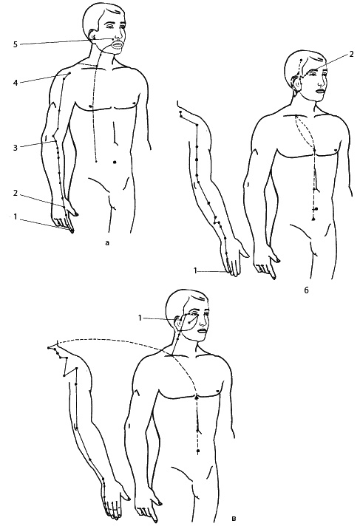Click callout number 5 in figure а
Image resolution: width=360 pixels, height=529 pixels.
tap(16, 44)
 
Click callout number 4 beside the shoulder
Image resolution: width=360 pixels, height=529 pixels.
tap(16, 82)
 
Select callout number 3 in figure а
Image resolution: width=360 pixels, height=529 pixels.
tap(16, 148)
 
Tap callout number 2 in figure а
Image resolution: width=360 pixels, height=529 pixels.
tap(16, 194)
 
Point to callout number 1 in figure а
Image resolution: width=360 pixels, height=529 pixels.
tap(16, 217)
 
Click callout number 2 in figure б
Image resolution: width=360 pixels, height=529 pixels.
tap(351, 55)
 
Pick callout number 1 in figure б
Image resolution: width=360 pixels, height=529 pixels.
tap(195, 270)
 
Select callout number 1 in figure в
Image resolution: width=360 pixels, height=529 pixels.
tap(140, 318)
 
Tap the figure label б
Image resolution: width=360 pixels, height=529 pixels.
tap(306, 290)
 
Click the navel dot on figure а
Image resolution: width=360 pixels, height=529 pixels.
tap(115, 163)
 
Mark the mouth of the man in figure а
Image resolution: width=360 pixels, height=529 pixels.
tap(117, 44)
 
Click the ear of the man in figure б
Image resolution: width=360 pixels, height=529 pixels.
tap(297, 83)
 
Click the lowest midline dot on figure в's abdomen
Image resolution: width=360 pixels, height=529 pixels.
tap(198, 451)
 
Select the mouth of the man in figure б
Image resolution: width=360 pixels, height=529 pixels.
tap(320, 90)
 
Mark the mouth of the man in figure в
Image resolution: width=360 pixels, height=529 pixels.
tap(202, 331)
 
